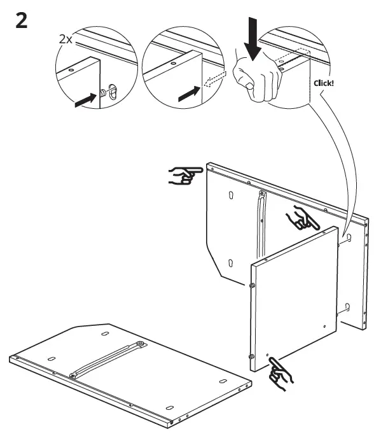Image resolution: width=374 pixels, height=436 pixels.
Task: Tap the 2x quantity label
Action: point(67,40)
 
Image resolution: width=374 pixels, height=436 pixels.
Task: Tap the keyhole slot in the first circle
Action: point(113,91)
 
